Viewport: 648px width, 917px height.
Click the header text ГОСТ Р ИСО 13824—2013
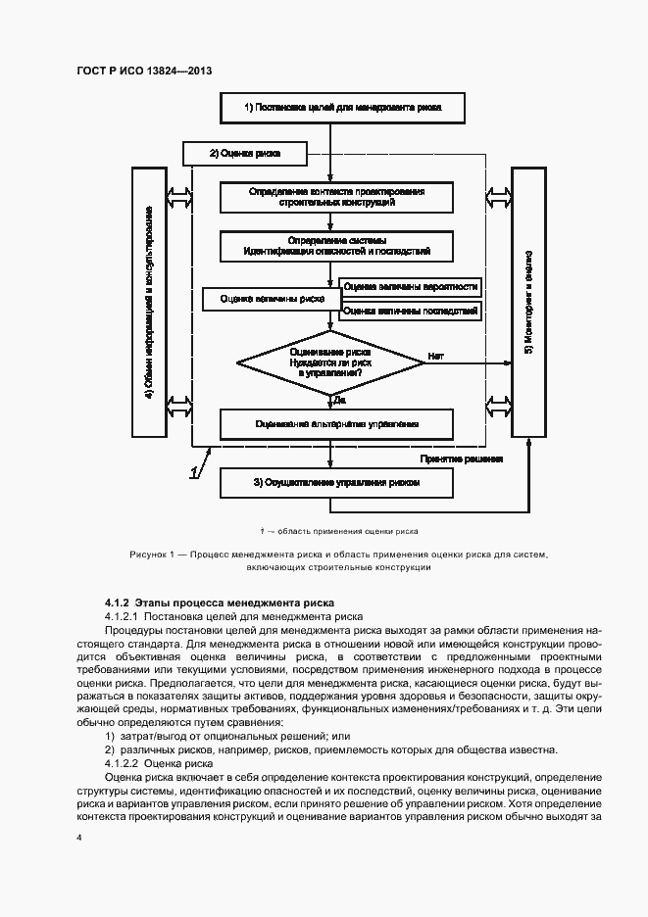pos(143,72)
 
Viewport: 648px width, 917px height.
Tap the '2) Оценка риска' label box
pos(245,154)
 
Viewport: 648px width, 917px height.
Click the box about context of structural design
pos(336,197)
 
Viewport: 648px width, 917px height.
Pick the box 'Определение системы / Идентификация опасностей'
pos(336,246)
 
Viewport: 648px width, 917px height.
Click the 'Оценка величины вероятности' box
pos(411,287)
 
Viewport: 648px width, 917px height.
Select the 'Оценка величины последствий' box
pos(411,311)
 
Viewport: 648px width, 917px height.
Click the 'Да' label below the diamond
pos(339,400)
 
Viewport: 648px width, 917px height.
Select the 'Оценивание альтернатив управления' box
pos(336,424)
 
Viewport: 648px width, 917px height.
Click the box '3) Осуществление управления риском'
pos(336,482)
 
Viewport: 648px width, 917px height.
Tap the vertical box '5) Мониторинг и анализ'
pos(529,302)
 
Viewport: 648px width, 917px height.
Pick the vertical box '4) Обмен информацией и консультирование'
pos(148,302)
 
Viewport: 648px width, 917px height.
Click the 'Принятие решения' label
pos(461,458)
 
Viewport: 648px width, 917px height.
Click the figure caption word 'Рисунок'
pos(149,555)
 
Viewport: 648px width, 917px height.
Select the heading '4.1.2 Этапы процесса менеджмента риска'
pos(220,602)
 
